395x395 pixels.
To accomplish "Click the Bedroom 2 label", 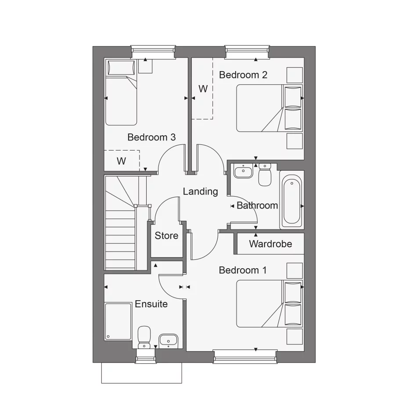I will pos(243,75).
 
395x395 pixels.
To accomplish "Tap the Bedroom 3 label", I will pos(151,137).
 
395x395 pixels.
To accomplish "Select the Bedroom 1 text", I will pos(242,270).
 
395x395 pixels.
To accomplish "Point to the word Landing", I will pos(200,191).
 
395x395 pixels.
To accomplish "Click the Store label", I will pos(166,236).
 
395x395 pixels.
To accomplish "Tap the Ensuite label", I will pos(151,304).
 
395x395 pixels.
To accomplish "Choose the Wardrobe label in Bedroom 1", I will pos(270,244).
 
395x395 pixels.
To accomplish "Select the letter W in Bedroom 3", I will pos(121,161).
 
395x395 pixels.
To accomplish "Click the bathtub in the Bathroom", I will pos(291,201).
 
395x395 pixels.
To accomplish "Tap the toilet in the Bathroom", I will pos(265,175).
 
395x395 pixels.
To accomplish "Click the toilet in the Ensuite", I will pos(144,337).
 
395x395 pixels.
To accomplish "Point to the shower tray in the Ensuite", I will pos(118,321).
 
